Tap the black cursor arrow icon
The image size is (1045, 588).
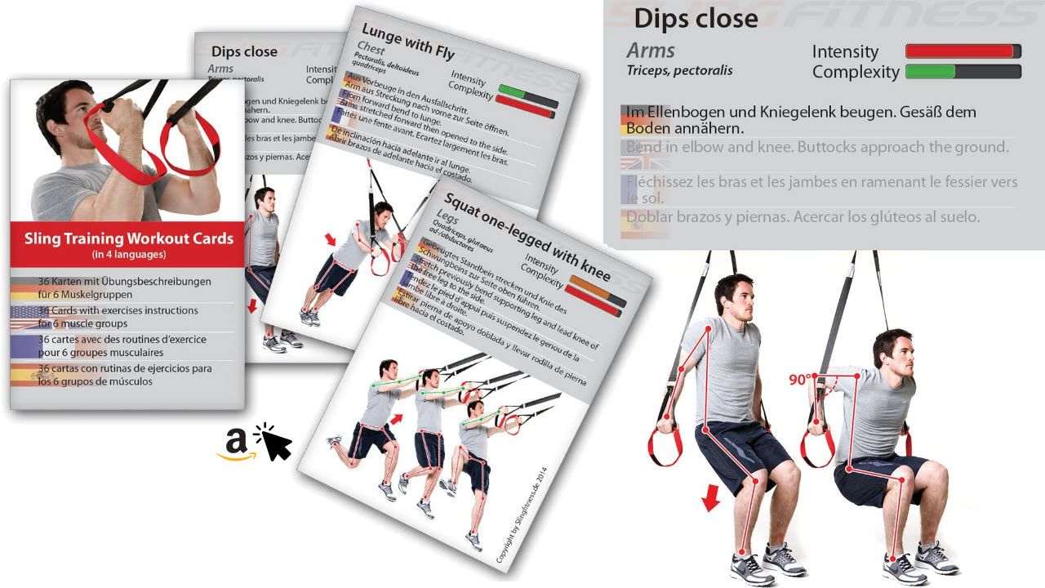click(x=275, y=443)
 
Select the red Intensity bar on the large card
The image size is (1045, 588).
click(x=963, y=51)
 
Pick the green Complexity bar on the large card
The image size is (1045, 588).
click(x=931, y=72)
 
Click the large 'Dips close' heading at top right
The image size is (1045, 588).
click(x=696, y=19)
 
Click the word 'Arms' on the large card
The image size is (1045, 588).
click(x=651, y=50)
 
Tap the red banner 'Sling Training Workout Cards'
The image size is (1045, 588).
click(x=128, y=240)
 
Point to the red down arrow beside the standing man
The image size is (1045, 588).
click(x=711, y=497)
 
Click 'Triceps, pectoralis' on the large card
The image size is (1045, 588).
click(x=679, y=70)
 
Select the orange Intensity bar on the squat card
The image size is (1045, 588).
click(x=593, y=288)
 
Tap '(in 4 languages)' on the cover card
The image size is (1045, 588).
click(x=128, y=255)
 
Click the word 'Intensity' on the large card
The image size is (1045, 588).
click(x=845, y=51)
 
